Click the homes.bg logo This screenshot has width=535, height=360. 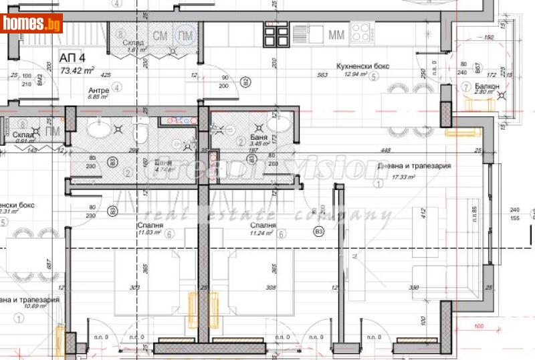[x=31, y=23]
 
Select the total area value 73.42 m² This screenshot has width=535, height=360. [x=77, y=70]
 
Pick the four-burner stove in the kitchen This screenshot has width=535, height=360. [x=362, y=32]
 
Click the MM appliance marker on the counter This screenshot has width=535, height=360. [x=337, y=33]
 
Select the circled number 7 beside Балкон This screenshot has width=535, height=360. [x=466, y=87]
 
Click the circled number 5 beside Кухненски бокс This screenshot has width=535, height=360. [x=374, y=76]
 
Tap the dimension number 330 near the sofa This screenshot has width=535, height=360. [x=433, y=288]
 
